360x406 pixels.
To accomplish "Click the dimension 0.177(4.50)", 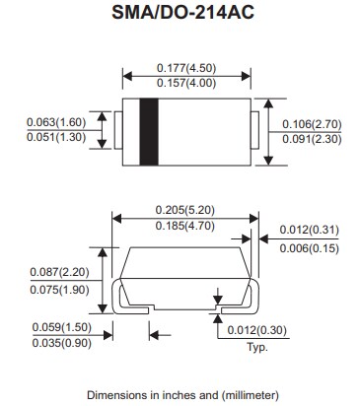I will [x=187, y=67].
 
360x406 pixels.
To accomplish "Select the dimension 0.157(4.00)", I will [x=187, y=84].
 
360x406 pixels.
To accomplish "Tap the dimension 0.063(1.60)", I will [x=53, y=123].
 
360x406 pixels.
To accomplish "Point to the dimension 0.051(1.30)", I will [x=53, y=140].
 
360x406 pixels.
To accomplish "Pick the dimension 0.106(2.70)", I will [x=312, y=123].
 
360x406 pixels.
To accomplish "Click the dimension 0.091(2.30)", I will [x=312, y=140].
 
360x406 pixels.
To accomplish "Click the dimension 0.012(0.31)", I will [x=308, y=230].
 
